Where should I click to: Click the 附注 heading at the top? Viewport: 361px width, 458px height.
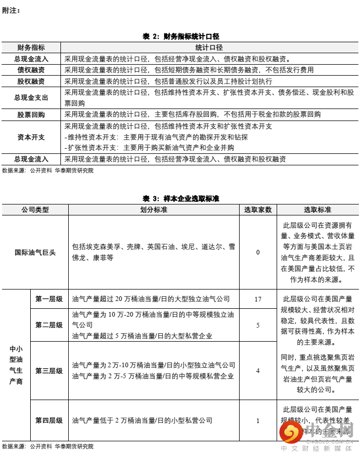click(x=11, y=10)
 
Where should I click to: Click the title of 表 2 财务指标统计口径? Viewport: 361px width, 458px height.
click(x=180, y=36)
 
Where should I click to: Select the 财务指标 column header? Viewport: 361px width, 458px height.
click(x=31, y=47)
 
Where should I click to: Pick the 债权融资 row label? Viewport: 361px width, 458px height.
click(x=31, y=70)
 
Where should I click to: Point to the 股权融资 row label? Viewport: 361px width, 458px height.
click(x=31, y=81)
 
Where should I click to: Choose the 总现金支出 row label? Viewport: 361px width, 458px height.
click(x=31, y=98)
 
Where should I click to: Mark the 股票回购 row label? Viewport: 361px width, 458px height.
click(x=31, y=114)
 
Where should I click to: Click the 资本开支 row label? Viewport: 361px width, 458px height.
click(x=31, y=137)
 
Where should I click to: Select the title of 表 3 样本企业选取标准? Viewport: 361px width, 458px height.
click(x=180, y=199)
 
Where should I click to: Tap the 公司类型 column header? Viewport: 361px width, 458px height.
click(x=35, y=210)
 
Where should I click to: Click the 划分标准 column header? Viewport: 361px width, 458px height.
click(x=154, y=210)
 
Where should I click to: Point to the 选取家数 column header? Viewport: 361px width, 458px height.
click(x=258, y=210)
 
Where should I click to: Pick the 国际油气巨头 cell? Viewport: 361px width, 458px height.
click(x=35, y=252)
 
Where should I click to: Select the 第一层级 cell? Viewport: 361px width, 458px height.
click(x=49, y=299)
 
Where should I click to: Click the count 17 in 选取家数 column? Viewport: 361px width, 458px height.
click(x=258, y=299)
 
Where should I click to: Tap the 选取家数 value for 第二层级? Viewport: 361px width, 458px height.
click(x=258, y=325)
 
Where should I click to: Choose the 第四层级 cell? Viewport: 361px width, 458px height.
click(x=49, y=420)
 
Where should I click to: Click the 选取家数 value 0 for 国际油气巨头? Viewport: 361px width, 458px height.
click(x=258, y=252)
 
